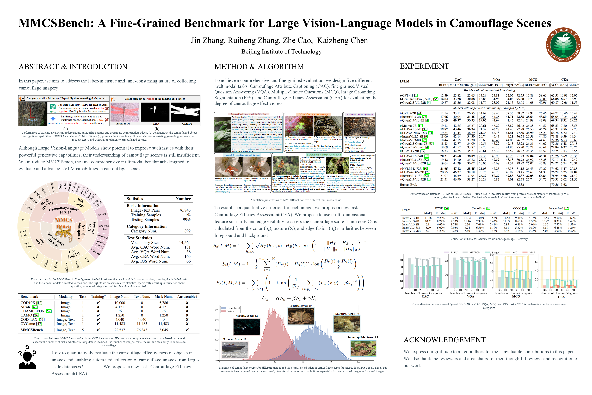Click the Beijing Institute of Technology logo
563,45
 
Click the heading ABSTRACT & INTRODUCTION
73,67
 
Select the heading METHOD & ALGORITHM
259,67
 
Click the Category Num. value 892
187,231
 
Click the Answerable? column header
187,296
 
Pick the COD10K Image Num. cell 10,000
120,303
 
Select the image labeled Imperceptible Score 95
363,348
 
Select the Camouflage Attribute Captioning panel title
248,114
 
